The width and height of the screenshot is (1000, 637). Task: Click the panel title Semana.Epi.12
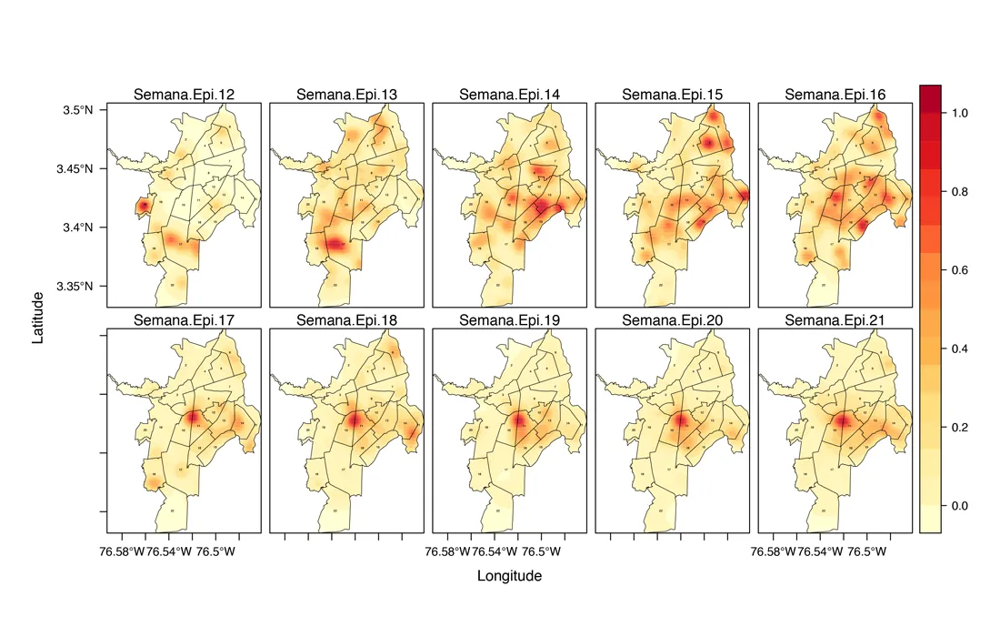[185, 95]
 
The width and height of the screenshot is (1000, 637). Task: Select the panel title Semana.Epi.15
[673, 95]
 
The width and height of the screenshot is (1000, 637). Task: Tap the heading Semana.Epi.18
[347, 319]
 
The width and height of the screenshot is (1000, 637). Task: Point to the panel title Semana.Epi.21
[835, 319]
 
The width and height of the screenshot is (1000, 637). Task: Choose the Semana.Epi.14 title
[510, 95]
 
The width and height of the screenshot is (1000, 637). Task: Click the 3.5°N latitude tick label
[76, 110]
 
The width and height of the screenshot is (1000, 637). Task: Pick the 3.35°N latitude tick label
[74, 287]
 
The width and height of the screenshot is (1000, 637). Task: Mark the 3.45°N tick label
[74, 169]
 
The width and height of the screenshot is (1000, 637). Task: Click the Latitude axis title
[38, 318]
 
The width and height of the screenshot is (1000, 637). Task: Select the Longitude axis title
[509, 576]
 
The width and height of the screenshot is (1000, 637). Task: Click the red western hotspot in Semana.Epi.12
[144, 207]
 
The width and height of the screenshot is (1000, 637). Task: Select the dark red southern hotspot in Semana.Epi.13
[336, 244]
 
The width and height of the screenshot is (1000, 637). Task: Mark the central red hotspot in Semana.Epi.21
[842, 420]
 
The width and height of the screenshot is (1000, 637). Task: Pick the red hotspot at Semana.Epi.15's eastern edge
[744, 194]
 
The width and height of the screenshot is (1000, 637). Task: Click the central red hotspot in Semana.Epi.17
[194, 418]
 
